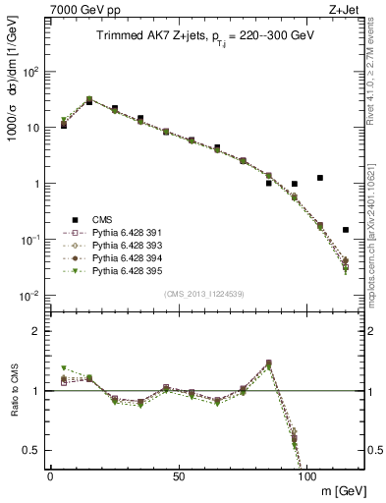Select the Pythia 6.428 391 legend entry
coord(116,233)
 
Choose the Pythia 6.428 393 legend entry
coord(116,245)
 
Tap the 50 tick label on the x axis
coord(179,475)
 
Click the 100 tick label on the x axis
coord(306,475)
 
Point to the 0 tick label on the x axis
coord(50,475)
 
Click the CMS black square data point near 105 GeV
coord(320,178)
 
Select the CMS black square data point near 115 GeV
coord(346,230)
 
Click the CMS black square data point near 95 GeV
coord(295,184)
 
